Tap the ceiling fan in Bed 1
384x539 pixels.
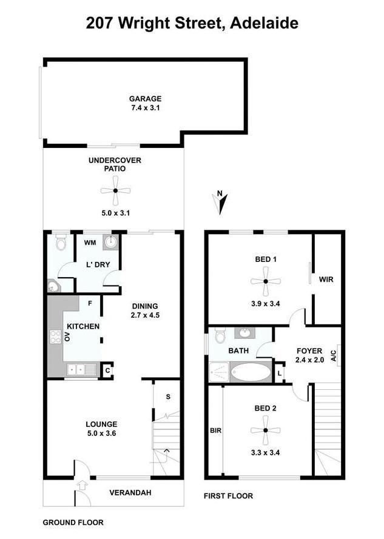[x=266, y=281]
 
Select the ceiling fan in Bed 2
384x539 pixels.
[x=266, y=430]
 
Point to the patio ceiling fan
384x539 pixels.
[x=116, y=190]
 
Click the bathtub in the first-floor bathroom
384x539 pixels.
[x=251, y=371]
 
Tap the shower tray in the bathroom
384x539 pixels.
[x=219, y=372]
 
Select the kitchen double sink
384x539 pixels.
[x=81, y=369]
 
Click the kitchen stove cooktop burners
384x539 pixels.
[x=55, y=336]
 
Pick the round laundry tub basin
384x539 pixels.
[x=112, y=242]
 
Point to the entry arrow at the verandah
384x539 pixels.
[x=82, y=485]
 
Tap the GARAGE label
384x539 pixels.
[x=145, y=99]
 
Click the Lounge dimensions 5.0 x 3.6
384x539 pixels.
[x=101, y=433]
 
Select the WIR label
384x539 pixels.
[x=326, y=279]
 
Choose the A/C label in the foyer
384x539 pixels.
[x=334, y=355]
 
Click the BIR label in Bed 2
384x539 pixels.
[x=216, y=430]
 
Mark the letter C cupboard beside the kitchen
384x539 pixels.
[x=107, y=370]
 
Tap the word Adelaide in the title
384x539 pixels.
[x=264, y=24]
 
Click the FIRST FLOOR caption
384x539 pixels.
[x=229, y=496]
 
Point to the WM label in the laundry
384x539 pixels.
[x=90, y=243]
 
